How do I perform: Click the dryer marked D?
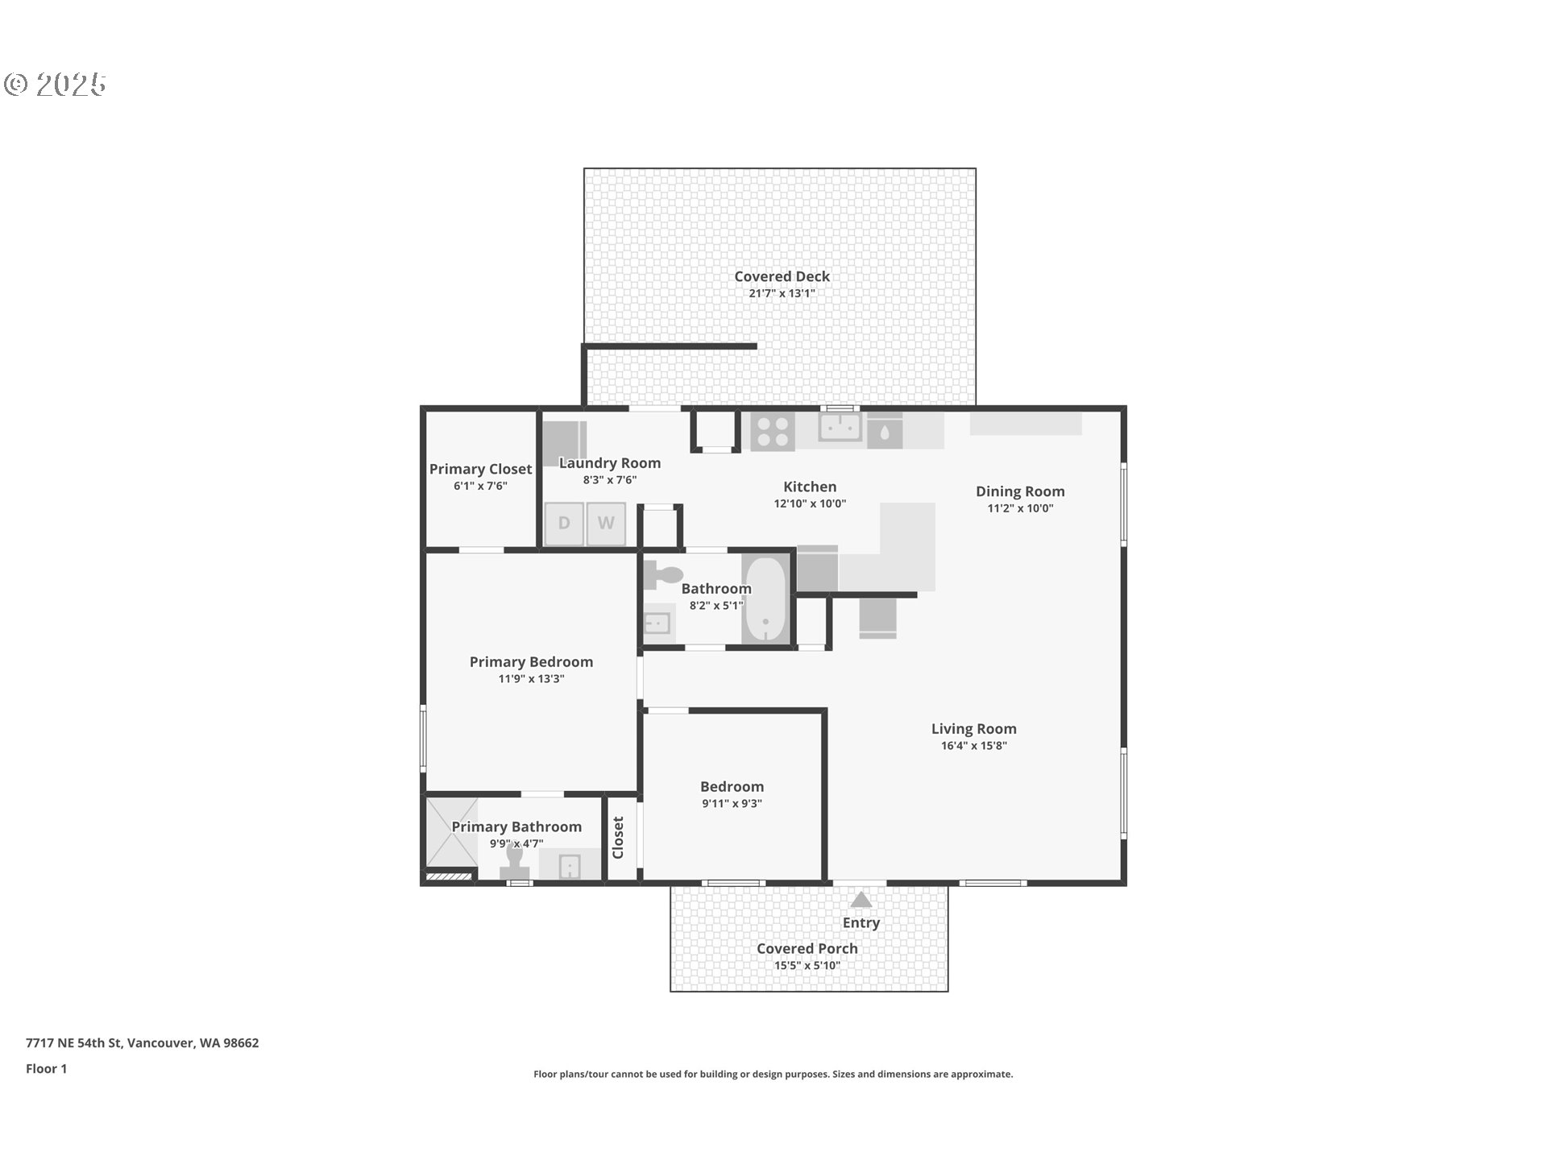[x=564, y=524]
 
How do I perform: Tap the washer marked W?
[x=606, y=524]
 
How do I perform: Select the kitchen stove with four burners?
[x=773, y=431]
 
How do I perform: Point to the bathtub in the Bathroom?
[x=765, y=599]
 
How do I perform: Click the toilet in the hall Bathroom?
[x=664, y=575]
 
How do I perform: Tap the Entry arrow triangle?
[x=861, y=900]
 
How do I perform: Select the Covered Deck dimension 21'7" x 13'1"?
[x=782, y=294]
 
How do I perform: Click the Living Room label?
[x=973, y=729]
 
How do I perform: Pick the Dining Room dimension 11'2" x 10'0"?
[x=1020, y=508]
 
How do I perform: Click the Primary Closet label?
[x=480, y=469]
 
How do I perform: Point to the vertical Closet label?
[x=618, y=838]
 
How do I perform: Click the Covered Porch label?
[x=807, y=949]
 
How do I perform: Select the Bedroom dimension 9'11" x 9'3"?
[x=732, y=804]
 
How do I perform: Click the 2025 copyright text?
[x=56, y=85]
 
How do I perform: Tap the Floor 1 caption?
[x=47, y=1069]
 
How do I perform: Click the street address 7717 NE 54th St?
[x=142, y=1043]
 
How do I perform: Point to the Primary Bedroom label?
[x=531, y=662]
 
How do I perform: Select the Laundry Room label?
[x=610, y=463]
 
